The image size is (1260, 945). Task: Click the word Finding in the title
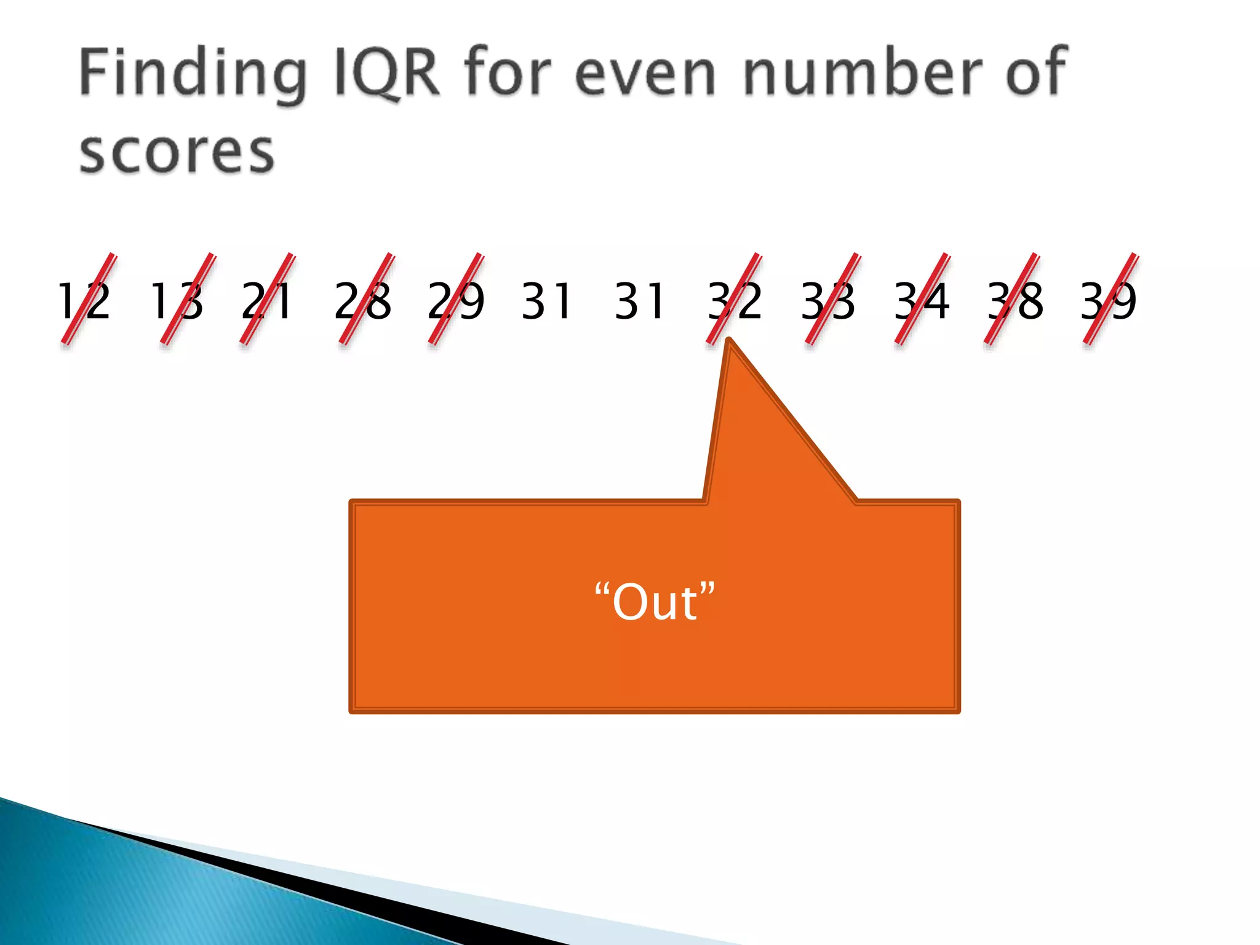[193, 74]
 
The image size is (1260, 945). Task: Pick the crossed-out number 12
[84, 301]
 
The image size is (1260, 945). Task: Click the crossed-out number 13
[177, 301]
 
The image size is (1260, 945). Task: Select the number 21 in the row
[267, 301]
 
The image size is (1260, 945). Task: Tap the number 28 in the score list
[363, 301]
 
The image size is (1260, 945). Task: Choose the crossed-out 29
[456, 301]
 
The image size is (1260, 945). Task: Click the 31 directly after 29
[547, 301]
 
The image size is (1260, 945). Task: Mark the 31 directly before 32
[640, 301]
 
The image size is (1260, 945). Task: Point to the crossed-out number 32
[735, 301]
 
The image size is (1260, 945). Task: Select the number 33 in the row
[828, 301]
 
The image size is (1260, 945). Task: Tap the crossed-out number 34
[922, 301]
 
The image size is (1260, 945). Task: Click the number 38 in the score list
[1015, 301]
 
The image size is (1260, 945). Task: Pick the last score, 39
[1109, 301]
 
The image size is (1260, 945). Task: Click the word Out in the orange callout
[655, 602]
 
